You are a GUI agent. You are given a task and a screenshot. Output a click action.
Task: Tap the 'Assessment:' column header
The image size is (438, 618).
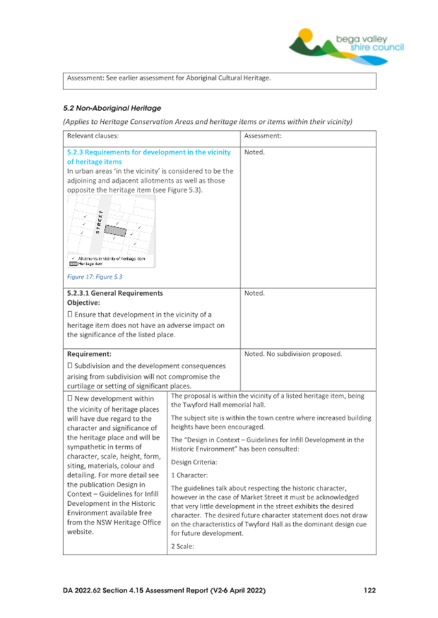tap(263, 137)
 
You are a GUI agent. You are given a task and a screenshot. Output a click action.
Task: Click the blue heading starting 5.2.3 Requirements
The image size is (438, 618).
tap(149, 157)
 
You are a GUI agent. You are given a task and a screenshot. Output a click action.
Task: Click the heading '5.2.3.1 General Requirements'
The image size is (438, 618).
tap(115, 293)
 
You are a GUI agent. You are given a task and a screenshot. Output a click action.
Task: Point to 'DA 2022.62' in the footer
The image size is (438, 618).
tap(84, 590)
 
